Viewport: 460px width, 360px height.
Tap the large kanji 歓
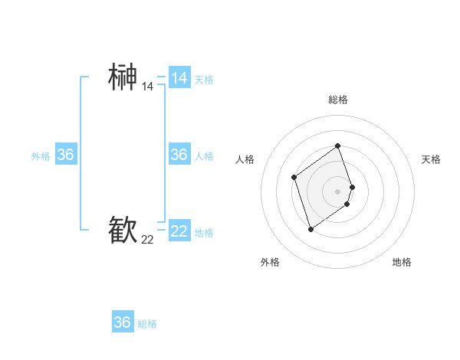123,230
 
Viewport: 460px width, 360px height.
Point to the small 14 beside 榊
147,87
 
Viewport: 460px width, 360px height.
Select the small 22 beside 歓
147,240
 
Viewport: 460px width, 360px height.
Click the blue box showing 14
179,78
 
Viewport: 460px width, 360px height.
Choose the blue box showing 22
179,231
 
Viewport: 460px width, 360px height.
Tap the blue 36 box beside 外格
65,155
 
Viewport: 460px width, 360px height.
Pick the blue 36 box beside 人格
179,155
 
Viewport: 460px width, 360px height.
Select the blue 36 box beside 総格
123,322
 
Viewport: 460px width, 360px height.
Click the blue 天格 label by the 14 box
204,79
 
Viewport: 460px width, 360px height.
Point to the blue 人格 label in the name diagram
204,155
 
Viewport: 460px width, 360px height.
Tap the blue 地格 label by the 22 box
204,232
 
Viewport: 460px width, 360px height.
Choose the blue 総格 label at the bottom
147,324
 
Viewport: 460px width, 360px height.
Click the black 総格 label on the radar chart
337,100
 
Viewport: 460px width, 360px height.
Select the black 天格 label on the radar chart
432,159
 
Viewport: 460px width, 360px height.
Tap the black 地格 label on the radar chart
402,262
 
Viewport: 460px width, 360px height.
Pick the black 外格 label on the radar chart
270,262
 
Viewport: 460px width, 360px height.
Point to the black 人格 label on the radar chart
245,159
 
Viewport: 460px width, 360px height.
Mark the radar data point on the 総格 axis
337,146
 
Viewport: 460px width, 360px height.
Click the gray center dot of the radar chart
337,191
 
